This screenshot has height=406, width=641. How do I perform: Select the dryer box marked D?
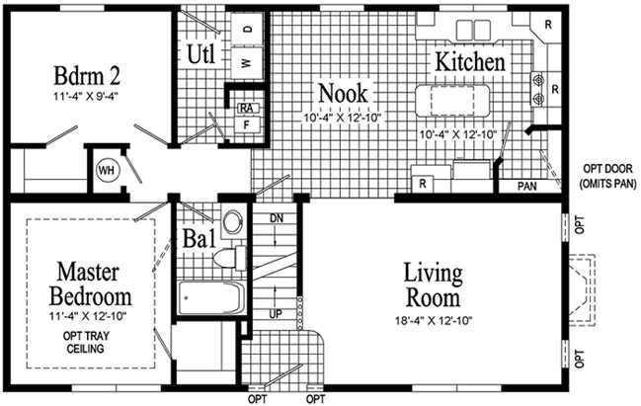246,30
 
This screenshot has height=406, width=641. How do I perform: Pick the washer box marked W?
246,62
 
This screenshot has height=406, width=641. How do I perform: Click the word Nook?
343,94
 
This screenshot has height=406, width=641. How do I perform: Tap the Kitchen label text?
471,62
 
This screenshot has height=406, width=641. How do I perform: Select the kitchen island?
456,100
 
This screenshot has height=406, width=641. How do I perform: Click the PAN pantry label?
526,186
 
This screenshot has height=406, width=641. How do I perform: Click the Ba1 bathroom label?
200,240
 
